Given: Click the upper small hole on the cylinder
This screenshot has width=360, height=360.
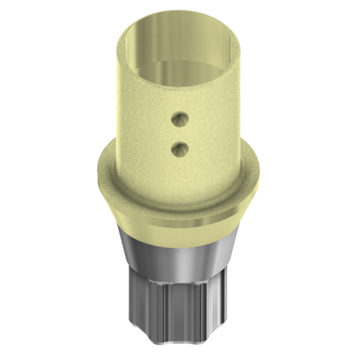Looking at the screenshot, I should pyautogui.click(x=178, y=120).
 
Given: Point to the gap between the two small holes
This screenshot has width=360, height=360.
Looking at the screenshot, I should pyautogui.click(x=178, y=133).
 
